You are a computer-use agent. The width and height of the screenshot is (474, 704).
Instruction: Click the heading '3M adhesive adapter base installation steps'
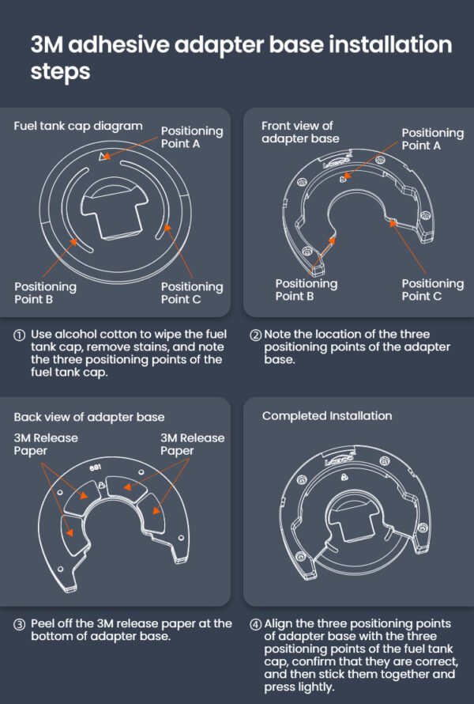pos(241,58)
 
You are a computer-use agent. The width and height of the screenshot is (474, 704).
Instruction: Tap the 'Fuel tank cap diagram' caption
pos(78,126)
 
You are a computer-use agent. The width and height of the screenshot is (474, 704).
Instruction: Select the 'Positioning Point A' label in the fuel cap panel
pos(192,137)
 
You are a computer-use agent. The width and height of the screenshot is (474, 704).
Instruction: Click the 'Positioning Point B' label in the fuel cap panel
pos(45,293)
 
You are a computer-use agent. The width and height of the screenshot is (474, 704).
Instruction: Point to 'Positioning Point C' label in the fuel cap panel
pos(192,293)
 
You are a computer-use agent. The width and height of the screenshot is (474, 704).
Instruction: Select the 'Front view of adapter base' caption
pos(300,132)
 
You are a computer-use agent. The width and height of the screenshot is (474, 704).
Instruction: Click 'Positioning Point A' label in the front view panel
pos(433,138)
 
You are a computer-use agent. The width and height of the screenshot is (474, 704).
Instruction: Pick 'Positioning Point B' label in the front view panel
pos(307,290)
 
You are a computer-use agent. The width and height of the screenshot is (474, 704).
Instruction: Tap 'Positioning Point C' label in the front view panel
pos(433,290)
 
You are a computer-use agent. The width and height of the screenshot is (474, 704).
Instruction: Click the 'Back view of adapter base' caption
pos(89,417)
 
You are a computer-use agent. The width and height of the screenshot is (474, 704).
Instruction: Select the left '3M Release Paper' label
pos(46,444)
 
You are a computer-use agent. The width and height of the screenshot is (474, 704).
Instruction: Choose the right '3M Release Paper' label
pos(193,444)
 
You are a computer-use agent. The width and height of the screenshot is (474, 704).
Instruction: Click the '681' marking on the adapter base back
pos(95,467)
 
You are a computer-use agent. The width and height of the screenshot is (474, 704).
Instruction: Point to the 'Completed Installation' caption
pos(327,416)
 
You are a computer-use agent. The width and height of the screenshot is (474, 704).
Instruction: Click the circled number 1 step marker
pos(19,335)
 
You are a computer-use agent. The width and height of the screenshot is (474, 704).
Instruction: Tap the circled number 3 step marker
pos(19,625)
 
